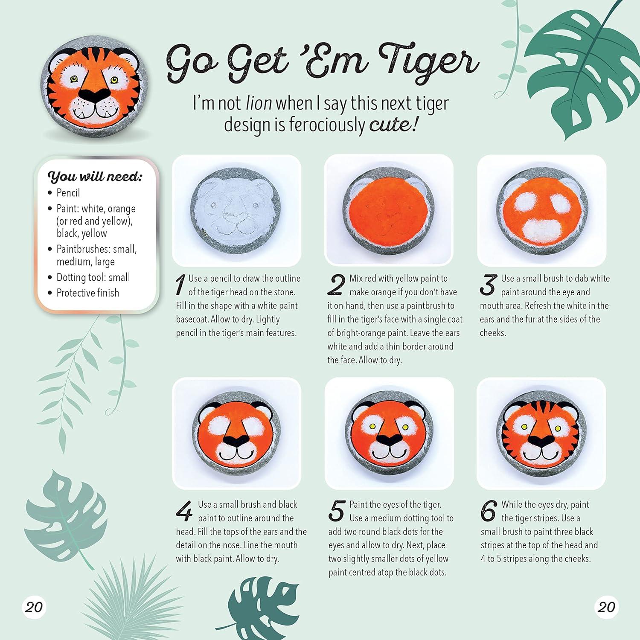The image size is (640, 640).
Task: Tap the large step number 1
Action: (x=180, y=285)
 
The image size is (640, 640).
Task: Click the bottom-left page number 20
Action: (x=34, y=607)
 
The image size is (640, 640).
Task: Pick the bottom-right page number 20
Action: (x=606, y=607)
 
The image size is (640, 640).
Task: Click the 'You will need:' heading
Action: (x=95, y=176)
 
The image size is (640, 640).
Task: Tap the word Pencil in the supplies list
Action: (x=68, y=193)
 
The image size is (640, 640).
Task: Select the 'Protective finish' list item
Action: (x=88, y=293)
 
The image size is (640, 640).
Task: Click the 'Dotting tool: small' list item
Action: (x=93, y=277)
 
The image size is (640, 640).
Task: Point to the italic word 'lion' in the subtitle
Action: (x=259, y=103)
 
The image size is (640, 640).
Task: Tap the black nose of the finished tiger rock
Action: (x=95, y=95)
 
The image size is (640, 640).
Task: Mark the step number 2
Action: (x=336, y=285)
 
